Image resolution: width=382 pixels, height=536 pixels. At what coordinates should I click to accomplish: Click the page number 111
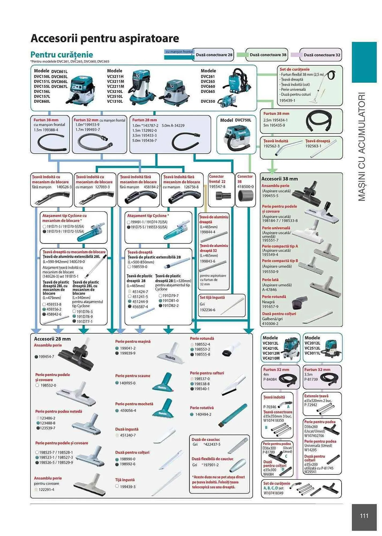click(364, 516)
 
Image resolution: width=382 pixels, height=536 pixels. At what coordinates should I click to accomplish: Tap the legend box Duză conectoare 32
click(321, 55)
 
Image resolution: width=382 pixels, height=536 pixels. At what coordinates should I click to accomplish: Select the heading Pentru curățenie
click(62, 55)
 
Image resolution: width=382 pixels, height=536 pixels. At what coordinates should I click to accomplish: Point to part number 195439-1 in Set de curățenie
click(287, 100)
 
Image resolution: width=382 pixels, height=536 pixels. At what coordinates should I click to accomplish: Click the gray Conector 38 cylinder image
click(245, 196)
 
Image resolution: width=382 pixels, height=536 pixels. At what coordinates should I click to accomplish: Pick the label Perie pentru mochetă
click(134, 404)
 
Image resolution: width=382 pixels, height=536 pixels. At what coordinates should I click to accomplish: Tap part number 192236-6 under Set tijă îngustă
click(207, 310)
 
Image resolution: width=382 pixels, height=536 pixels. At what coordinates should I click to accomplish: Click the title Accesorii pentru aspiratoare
click(105, 38)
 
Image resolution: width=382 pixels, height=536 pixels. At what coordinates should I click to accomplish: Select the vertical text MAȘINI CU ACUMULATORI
click(362, 147)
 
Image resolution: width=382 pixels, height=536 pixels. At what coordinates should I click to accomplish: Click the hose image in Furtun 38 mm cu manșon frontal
click(51, 143)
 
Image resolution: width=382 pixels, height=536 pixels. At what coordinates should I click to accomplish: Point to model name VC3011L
click(312, 353)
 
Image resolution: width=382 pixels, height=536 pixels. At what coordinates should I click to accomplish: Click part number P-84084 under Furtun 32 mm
click(270, 379)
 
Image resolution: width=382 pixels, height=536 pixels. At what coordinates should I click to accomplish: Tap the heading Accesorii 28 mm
click(52, 339)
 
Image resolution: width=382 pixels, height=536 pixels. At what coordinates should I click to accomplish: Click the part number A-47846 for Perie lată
click(269, 290)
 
